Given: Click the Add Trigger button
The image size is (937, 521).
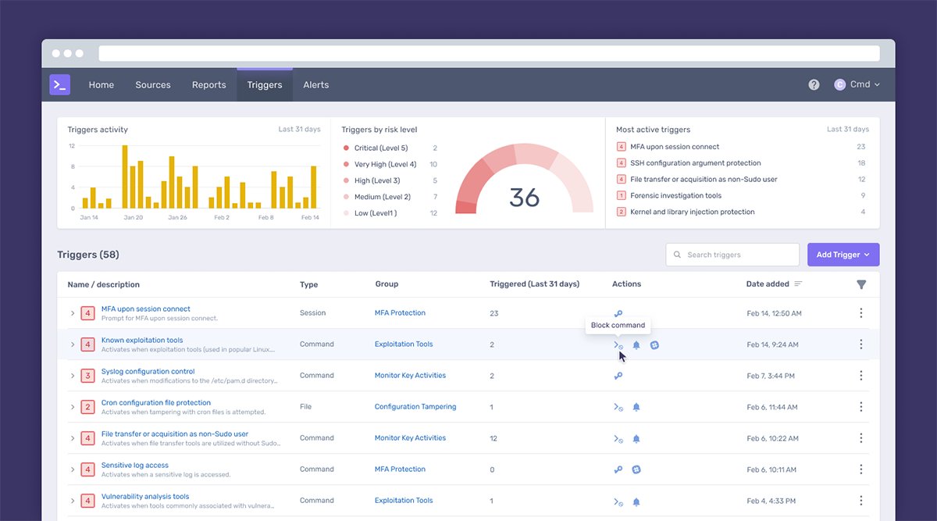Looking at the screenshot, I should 843,255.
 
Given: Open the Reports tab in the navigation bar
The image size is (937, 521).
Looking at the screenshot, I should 208,85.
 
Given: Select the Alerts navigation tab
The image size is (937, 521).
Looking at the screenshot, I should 315,85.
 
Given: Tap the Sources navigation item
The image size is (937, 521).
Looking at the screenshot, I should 152,85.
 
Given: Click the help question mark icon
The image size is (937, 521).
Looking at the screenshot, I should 814,85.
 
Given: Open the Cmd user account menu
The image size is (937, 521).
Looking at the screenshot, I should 857,85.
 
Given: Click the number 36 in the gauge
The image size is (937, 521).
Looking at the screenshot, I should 524,198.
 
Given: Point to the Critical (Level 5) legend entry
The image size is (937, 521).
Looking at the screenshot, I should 380,148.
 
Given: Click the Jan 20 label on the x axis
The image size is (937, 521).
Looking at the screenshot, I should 134,218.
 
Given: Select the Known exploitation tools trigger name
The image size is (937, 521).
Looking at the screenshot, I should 142,341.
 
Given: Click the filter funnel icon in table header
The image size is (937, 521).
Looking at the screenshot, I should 861,285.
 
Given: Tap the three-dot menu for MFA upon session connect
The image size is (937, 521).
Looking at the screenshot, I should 861,313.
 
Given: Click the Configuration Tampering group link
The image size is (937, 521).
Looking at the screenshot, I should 415,407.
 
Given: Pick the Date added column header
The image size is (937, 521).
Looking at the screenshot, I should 768,284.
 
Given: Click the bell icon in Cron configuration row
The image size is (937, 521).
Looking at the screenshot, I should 636,407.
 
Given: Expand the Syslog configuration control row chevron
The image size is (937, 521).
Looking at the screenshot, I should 73,376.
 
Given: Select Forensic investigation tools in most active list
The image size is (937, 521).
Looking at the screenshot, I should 675,196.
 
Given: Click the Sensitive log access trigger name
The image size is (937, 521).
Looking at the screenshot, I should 135,466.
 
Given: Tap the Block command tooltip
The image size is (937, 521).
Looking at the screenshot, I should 618,325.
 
